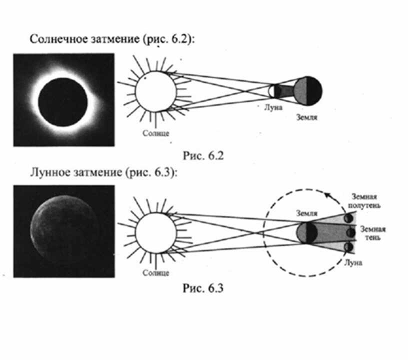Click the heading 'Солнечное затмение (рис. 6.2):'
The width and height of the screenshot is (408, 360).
112,39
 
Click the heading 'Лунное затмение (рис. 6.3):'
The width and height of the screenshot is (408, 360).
103,172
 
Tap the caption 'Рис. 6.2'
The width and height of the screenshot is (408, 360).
203,156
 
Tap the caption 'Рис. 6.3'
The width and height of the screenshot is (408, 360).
203,288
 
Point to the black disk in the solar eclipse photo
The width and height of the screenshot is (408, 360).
62,102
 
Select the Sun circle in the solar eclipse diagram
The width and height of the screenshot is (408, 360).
155,91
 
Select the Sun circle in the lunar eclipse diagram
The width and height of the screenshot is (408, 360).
155,233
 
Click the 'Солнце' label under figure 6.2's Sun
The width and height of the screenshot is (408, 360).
156,133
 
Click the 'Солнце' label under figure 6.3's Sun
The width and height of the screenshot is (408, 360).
156,273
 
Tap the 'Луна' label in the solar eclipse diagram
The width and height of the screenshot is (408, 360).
273,107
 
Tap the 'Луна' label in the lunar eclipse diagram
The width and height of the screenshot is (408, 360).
353,262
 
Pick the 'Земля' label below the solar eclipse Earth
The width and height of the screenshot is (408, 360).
307,117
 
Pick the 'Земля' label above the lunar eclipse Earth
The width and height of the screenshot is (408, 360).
307,213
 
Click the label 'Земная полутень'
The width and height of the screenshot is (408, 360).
364,201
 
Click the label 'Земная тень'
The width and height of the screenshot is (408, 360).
372,233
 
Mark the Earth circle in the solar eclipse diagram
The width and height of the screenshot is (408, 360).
308,91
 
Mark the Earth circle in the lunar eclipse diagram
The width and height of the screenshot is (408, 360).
307,232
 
